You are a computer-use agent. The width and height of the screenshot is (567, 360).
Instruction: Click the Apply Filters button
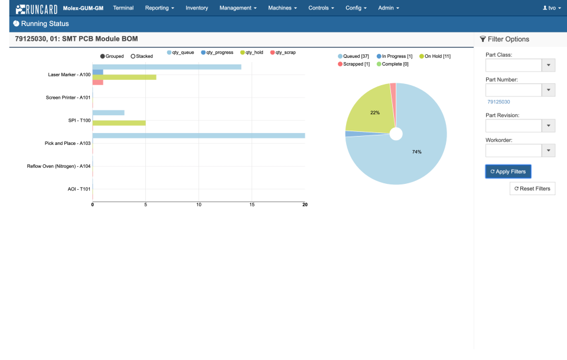point(509,171)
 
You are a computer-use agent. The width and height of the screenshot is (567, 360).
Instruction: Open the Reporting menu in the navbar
point(159,8)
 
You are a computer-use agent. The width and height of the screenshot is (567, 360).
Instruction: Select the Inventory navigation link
point(197,8)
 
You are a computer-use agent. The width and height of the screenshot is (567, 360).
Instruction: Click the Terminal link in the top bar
point(123,8)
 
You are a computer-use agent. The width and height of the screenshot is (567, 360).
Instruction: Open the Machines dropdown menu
point(282,8)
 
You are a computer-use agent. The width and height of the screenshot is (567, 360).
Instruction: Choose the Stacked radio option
point(142,56)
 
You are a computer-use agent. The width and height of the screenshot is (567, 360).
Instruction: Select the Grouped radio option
point(112,56)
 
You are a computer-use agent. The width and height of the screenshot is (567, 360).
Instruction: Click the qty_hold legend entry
point(252,53)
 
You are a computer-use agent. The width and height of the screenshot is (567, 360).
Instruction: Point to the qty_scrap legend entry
point(283,53)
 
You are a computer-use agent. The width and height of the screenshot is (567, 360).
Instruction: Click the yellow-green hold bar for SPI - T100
point(119,123)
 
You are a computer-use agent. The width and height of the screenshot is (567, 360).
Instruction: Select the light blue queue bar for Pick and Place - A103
point(198,135)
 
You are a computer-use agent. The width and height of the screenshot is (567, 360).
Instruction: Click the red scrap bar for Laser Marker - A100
point(98,82)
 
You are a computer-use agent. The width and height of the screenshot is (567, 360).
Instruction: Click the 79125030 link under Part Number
point(498,102)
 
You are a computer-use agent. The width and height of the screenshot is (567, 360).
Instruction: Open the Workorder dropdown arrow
point(549,151)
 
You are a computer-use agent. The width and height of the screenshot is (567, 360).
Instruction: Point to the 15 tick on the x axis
point(252,205)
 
